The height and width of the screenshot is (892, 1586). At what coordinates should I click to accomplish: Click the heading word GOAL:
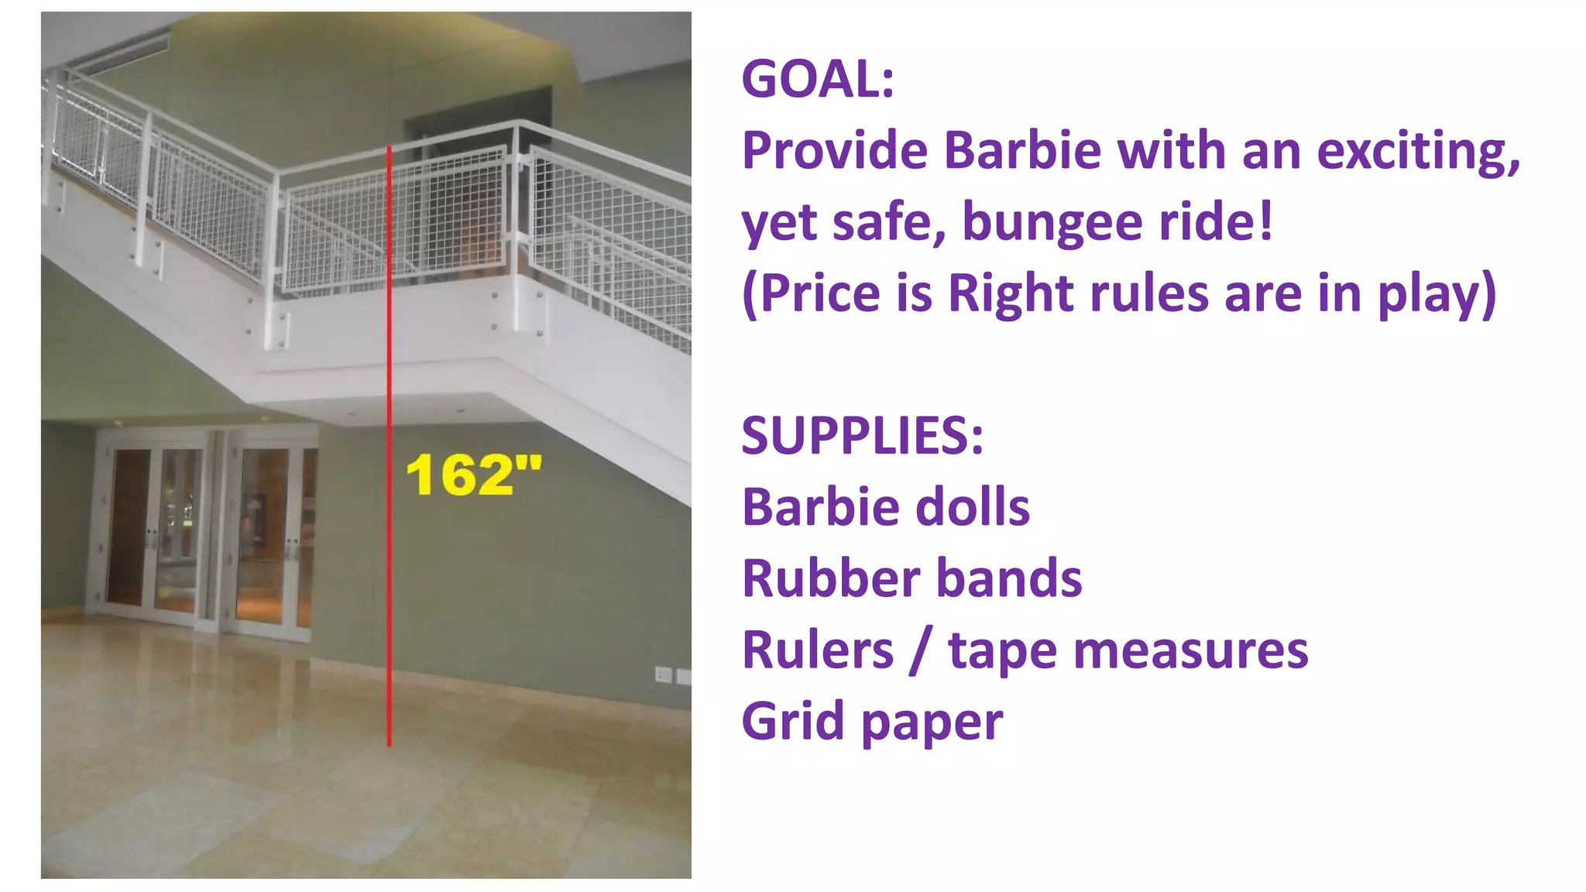818,79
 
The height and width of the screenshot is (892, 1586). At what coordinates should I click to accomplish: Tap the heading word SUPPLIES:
862,435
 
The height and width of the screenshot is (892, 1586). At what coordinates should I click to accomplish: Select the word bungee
1053,222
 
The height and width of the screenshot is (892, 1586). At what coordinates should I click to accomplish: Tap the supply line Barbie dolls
885,507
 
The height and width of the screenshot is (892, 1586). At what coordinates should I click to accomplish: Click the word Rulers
818,650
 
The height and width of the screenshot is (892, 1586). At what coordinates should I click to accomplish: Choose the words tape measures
1128,650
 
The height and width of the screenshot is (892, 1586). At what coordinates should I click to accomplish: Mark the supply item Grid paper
872,721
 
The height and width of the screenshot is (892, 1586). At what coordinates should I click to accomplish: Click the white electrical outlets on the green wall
672,675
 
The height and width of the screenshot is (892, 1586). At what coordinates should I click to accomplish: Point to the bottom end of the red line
390,744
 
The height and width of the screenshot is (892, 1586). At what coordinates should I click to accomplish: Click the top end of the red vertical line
390,148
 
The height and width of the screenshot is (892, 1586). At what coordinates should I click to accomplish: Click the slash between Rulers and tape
921,651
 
